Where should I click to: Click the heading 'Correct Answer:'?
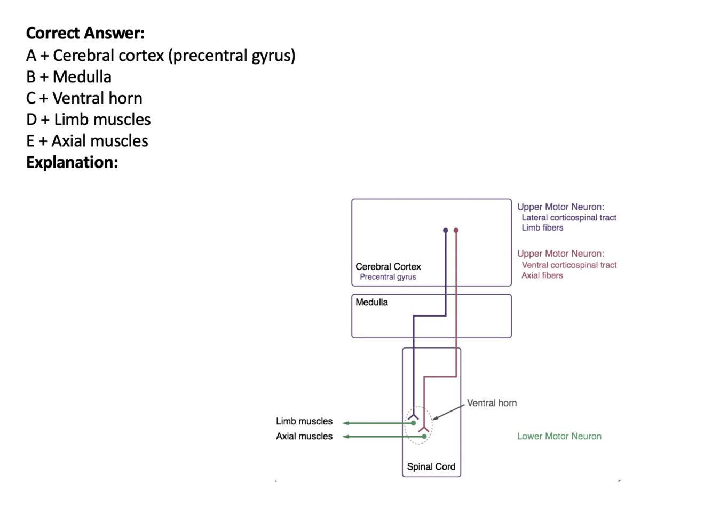pos(85,33)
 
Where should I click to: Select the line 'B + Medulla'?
pos(69,77)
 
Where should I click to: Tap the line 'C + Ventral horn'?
pos(84,98)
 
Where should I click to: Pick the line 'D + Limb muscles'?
pos(89,120)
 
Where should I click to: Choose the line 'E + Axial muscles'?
pos(87,141)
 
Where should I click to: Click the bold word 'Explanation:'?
pos(72,162)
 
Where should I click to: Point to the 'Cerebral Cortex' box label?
pos(388,266)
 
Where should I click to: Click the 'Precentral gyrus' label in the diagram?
pos(388,277)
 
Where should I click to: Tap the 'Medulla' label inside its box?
pos(371,302)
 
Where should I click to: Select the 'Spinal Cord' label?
pos(431,466)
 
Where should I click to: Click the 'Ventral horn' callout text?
pos(492,403)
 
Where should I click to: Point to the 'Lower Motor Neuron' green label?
pos(559,436)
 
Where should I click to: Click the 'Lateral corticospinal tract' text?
pos(569,217)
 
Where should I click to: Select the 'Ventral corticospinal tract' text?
pos(569,265)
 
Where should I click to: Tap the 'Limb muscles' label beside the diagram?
pos(304,421)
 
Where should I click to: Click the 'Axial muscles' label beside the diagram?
pos(304,436)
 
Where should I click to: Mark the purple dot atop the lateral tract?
pos(446,231)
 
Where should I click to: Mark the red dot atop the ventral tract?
pos(456,231)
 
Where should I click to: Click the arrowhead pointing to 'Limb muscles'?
pos(346,423)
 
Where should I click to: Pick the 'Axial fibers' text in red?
pos(542,275)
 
